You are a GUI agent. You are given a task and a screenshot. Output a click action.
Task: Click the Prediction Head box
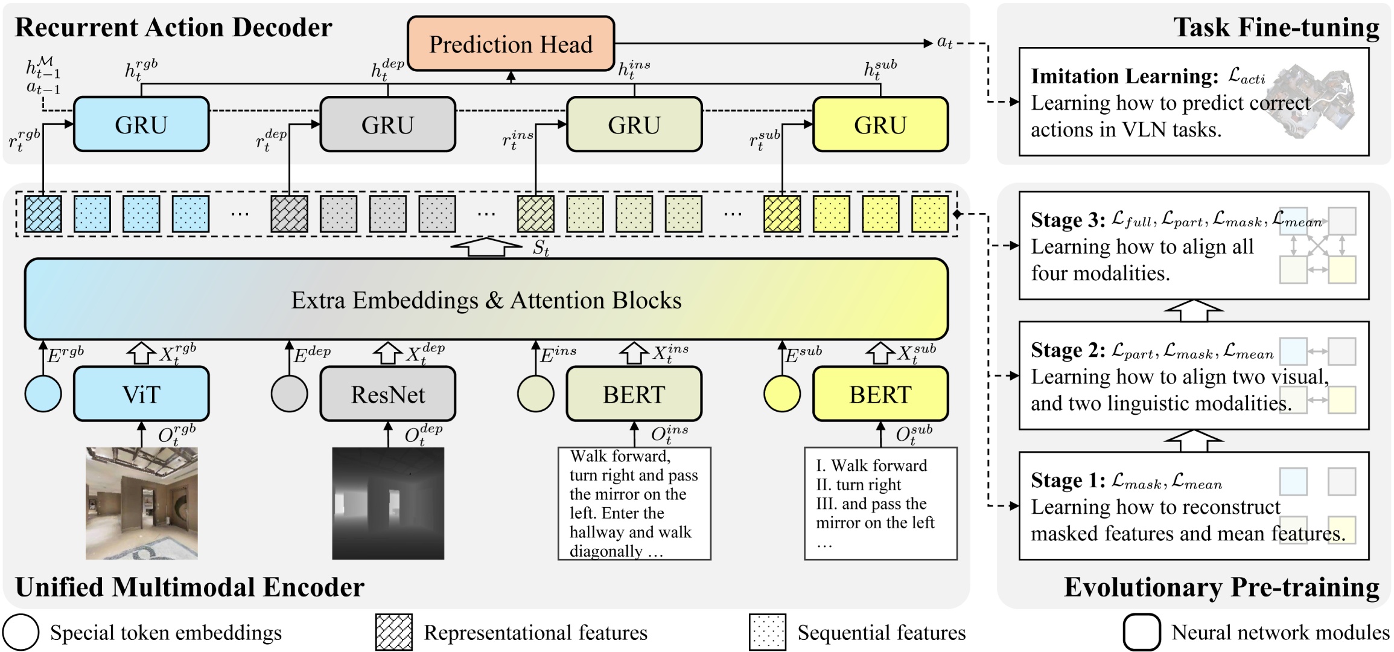click(x=511, y=44)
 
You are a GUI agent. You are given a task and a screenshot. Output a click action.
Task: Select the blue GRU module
click(x=141, y=124)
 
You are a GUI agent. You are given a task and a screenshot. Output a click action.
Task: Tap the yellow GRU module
click(x=880, y=124)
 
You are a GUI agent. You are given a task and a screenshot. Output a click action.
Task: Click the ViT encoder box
click(x=141, y=394)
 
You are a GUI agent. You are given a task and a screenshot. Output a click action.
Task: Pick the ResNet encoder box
click(x=387, y=394)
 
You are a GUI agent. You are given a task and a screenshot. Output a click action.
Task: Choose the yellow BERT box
click(x=880, y=394)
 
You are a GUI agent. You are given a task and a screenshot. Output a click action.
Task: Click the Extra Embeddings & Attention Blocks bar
click(x=486, y=299)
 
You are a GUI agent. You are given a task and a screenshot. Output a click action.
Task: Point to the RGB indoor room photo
click(x=141, y=503)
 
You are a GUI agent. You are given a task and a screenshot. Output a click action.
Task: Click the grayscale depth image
click(x=387, y=503)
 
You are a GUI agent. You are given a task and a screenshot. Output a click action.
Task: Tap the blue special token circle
click(x=43, y=394)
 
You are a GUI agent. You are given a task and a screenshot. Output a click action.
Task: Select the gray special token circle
click(x=289, y=394)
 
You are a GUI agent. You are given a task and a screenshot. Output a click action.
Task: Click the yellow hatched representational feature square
click(x=782, y=214)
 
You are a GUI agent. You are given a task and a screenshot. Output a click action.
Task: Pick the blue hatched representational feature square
click(x=43, y=214)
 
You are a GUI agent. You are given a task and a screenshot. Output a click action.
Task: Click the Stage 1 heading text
click(x=1068, y=481)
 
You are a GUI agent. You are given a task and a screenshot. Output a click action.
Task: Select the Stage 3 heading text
click(x=1068, y=220)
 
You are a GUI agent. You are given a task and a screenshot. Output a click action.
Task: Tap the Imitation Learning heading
click(x=1124, y=76)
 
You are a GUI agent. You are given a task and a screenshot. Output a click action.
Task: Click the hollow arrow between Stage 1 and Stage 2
click(x=1194, y=440)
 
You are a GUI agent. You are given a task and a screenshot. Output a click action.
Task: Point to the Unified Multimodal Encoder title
click(x=189, y=587)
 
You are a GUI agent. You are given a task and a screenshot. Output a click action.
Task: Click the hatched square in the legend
click(x=393, y=632)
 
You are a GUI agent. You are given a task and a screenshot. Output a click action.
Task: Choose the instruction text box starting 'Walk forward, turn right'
click(x=634, y=503)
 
